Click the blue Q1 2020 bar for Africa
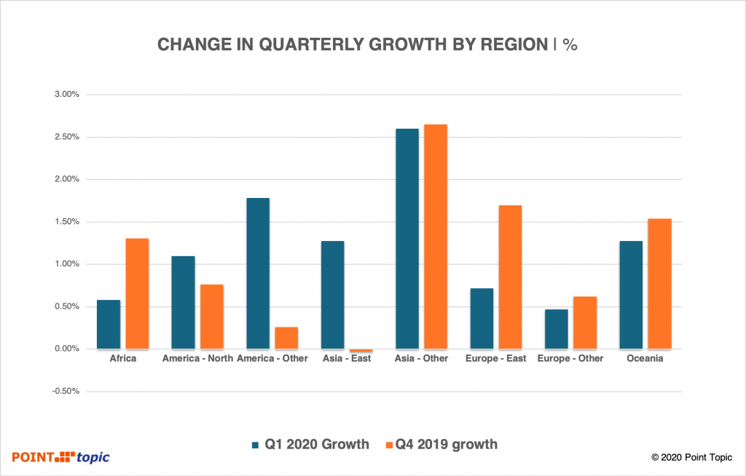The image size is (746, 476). click(109, 325)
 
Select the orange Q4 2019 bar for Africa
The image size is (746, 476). click(137, 294)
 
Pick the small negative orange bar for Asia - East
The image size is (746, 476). click(361, 351)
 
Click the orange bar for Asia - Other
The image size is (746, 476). click(436, 237)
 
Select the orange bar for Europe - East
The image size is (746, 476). click(510, 277)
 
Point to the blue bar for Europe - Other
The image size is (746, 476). click(557, 329)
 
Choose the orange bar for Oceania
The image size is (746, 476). click(659, 284)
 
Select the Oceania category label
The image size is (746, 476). click(645, 358)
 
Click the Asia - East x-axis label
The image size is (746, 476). click(348, 358)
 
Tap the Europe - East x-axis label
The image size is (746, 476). click(495, 358)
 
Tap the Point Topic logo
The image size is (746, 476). click(60, 457)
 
